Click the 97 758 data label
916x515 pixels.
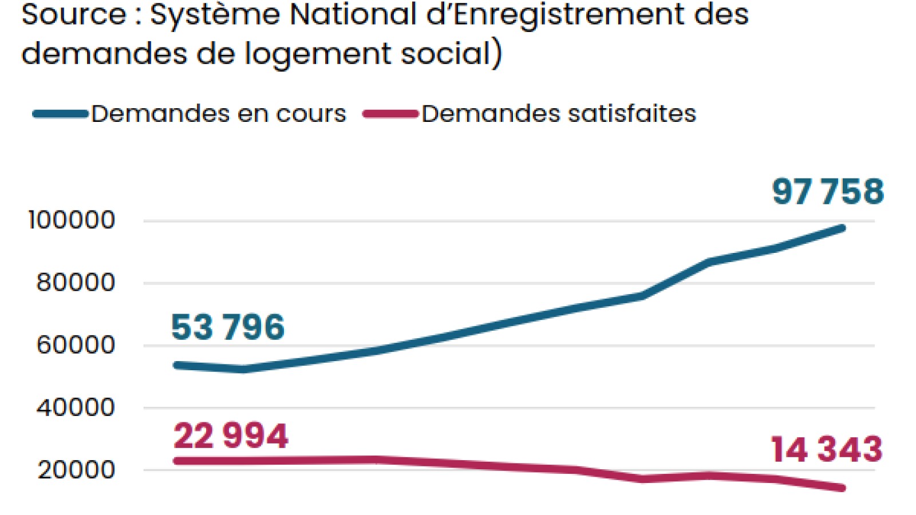click(x=828, y=192)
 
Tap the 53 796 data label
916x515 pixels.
click(x=228, y=327)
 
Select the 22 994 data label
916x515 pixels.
click(x=231, y=436)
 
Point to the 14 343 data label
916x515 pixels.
click(x=827, y=449)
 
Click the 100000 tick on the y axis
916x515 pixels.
click(x=72, y=220)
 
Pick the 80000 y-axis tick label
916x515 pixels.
click(x=76, y=283)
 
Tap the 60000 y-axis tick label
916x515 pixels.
click(x=76, y=345)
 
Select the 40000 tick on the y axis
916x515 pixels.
click(x=76, y=407)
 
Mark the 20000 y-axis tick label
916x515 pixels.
click(x=76, y=470)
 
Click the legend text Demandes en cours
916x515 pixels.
click(x=219, y=114)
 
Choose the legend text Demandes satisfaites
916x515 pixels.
click(x=559, y=114)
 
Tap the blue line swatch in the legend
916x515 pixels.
click(x=60, y=114)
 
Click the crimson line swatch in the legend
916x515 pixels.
click(x=390, y=114)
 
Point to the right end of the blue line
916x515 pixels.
click(x=842, y=228)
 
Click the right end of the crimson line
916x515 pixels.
click(x=842, y=488)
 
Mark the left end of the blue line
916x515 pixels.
click(x=176, y=365)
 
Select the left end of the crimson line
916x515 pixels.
click(x=176, y=461)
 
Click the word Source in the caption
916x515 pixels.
click(x=73, y=14)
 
